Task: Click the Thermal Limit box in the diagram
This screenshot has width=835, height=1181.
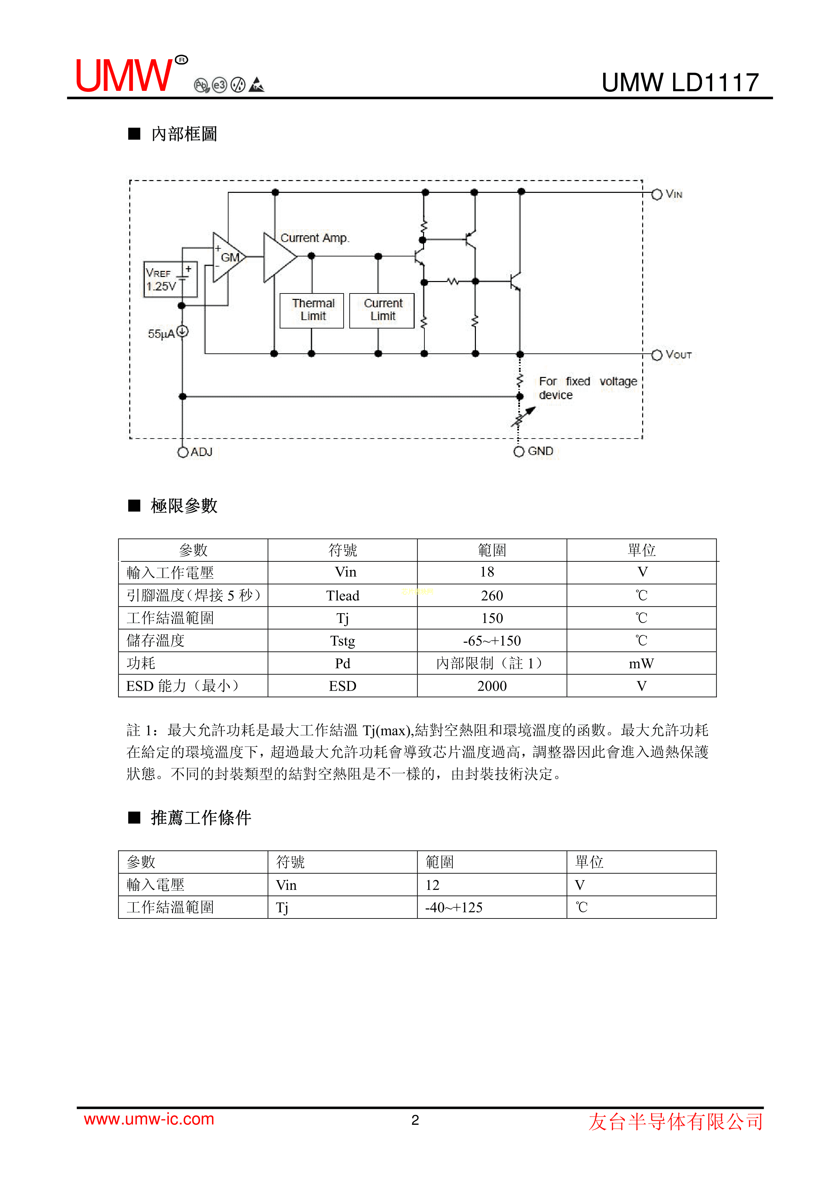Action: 312,310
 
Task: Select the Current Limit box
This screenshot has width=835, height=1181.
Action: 382,310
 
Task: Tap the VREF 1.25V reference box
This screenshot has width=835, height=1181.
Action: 170,279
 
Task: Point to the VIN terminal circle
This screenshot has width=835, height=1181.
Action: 657,195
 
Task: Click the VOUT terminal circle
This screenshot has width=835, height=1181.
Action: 657,355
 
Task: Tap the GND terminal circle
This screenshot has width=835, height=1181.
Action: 519,452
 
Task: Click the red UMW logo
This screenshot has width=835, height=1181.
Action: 125,76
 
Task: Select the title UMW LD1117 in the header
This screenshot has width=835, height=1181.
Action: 680,82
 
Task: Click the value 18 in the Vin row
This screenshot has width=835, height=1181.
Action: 487,572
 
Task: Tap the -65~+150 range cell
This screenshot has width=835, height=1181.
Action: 492,641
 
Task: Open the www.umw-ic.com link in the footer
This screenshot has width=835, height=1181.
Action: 149,1119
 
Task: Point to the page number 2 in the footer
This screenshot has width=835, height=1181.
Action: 415,1120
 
